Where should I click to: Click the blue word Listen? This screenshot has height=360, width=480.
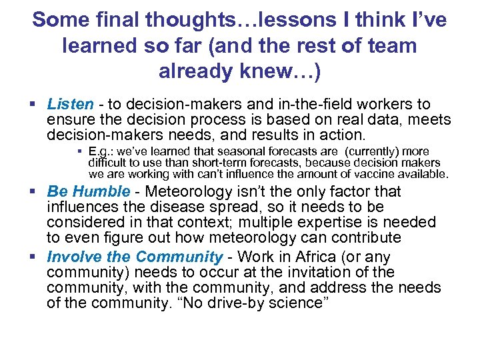coord(70,104)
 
